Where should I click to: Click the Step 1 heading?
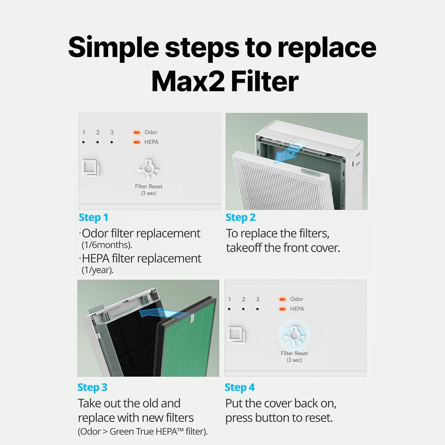pyautogui.click(x=93, y=217)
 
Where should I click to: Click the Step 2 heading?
pyautogui.click(x=240, y=217)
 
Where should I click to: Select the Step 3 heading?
pyautogui.click(x=92, y=387)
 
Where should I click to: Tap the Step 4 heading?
pyautogui.click(x=239, y=387)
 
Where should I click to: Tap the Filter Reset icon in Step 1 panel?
pyautogui.click(x=149, y=169)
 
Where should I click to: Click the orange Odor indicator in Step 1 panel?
pyautogui.click(x=137, y=132)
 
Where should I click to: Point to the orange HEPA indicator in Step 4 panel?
pyautogui.click(x=282, y=309)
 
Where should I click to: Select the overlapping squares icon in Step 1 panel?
pyautogui.click(x=91, y=168)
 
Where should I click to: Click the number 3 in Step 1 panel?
pyautogui.click(x=112, y=133)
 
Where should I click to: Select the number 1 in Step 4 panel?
pyautogui.click(x=229, y=299)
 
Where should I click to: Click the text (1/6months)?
pyautogui.click(x=107, y=245)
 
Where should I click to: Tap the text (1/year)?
pyautogui.click(x=97, y=270)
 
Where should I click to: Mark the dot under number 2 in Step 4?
pyautogui.click(x=243, y=309)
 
